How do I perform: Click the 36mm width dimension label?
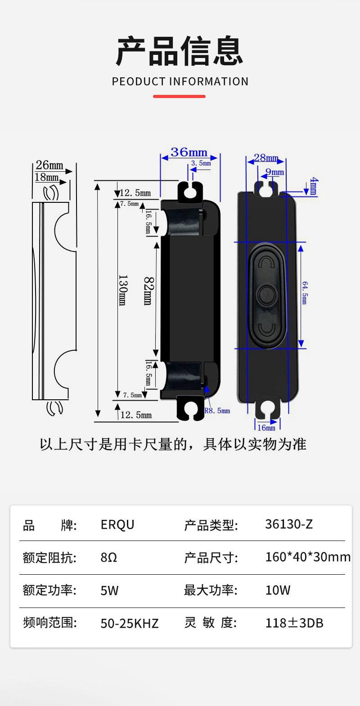point(189,152)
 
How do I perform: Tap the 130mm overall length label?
point(123,290)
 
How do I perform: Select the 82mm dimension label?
point(148,291)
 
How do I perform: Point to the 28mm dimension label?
point(266,157)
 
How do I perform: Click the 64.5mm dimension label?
point(305,293)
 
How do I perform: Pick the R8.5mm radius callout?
point(217,411)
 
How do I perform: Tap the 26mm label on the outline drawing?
point(49,165)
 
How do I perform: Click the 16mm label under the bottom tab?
point(266,428)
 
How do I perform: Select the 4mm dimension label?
point(314,186)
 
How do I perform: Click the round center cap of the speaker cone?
point(266,295)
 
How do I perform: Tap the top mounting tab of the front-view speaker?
point(266,188)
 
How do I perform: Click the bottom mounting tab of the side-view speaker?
point(190,408)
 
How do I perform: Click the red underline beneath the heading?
point(179,96)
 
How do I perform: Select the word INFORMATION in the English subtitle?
point(209,82)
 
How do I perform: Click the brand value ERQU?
point(117,525)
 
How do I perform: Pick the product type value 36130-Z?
point(289,524)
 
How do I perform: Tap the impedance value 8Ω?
point(109,558)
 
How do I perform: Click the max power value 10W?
point(278,590)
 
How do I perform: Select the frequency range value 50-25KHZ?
point(129,623)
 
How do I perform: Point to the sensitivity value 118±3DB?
point(294,623)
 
